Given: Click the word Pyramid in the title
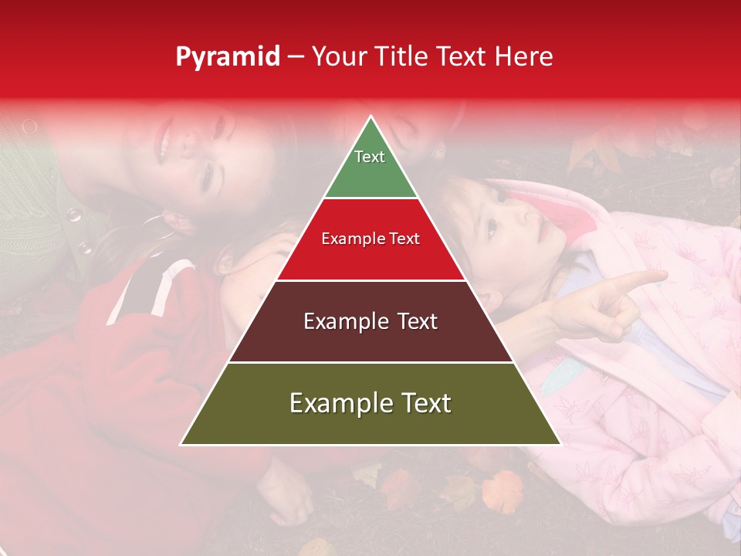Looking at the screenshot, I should tap(228, 57).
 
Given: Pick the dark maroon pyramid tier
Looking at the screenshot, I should tap(370, 340).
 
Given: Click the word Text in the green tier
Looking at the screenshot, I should tap(370, 157).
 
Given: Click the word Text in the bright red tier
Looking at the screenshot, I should tap(404, 239).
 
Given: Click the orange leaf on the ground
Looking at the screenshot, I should tap(502, 490).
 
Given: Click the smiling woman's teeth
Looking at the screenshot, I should tap(164, 139).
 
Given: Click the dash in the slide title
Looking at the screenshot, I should tap(296, 57).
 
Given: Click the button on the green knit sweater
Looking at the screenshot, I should tap(73, 215).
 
